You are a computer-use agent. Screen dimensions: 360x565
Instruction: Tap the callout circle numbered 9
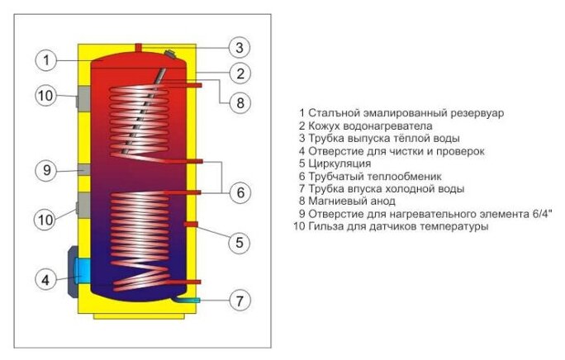[46, 171]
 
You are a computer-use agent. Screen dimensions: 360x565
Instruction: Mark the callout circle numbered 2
[239, 73]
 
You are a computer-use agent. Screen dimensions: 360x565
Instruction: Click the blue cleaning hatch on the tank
[83, 268]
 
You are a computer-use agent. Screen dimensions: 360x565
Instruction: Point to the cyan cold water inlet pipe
[195, 299]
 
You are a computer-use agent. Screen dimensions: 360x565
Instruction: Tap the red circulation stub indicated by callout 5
[192, 224]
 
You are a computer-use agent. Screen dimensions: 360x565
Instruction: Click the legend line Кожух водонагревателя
[365, 126]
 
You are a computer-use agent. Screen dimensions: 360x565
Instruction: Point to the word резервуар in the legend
[473, 113]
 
